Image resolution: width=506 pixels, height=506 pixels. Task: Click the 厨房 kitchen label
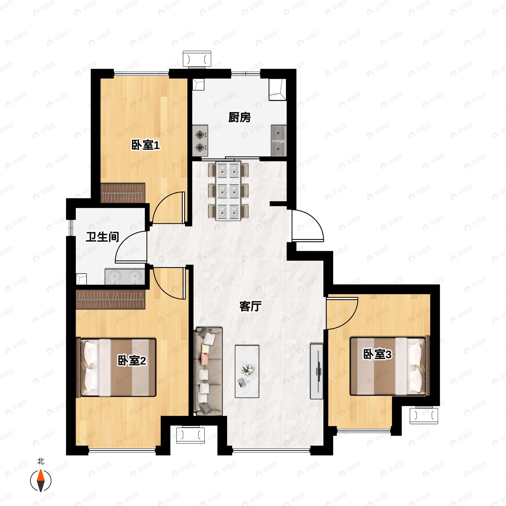point(239,117)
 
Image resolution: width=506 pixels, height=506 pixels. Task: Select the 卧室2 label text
point(132,361)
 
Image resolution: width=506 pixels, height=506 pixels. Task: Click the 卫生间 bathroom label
point(102,237)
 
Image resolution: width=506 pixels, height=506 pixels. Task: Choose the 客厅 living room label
point(251,306)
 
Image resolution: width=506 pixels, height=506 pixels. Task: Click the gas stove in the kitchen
point(200,141)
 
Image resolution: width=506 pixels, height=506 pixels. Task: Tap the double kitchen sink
point(279,141)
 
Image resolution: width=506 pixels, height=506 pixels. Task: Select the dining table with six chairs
point(228,191)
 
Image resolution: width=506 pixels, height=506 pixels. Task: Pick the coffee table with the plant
point(247,371)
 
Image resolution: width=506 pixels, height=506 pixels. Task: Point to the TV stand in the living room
point(317,371)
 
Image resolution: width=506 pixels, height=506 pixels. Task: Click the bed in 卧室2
point(116,367)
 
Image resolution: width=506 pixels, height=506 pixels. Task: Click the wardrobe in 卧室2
point(110,299)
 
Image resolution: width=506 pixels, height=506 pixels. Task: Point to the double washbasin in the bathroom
point(125,276)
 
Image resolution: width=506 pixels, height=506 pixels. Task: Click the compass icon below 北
point(41,481)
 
